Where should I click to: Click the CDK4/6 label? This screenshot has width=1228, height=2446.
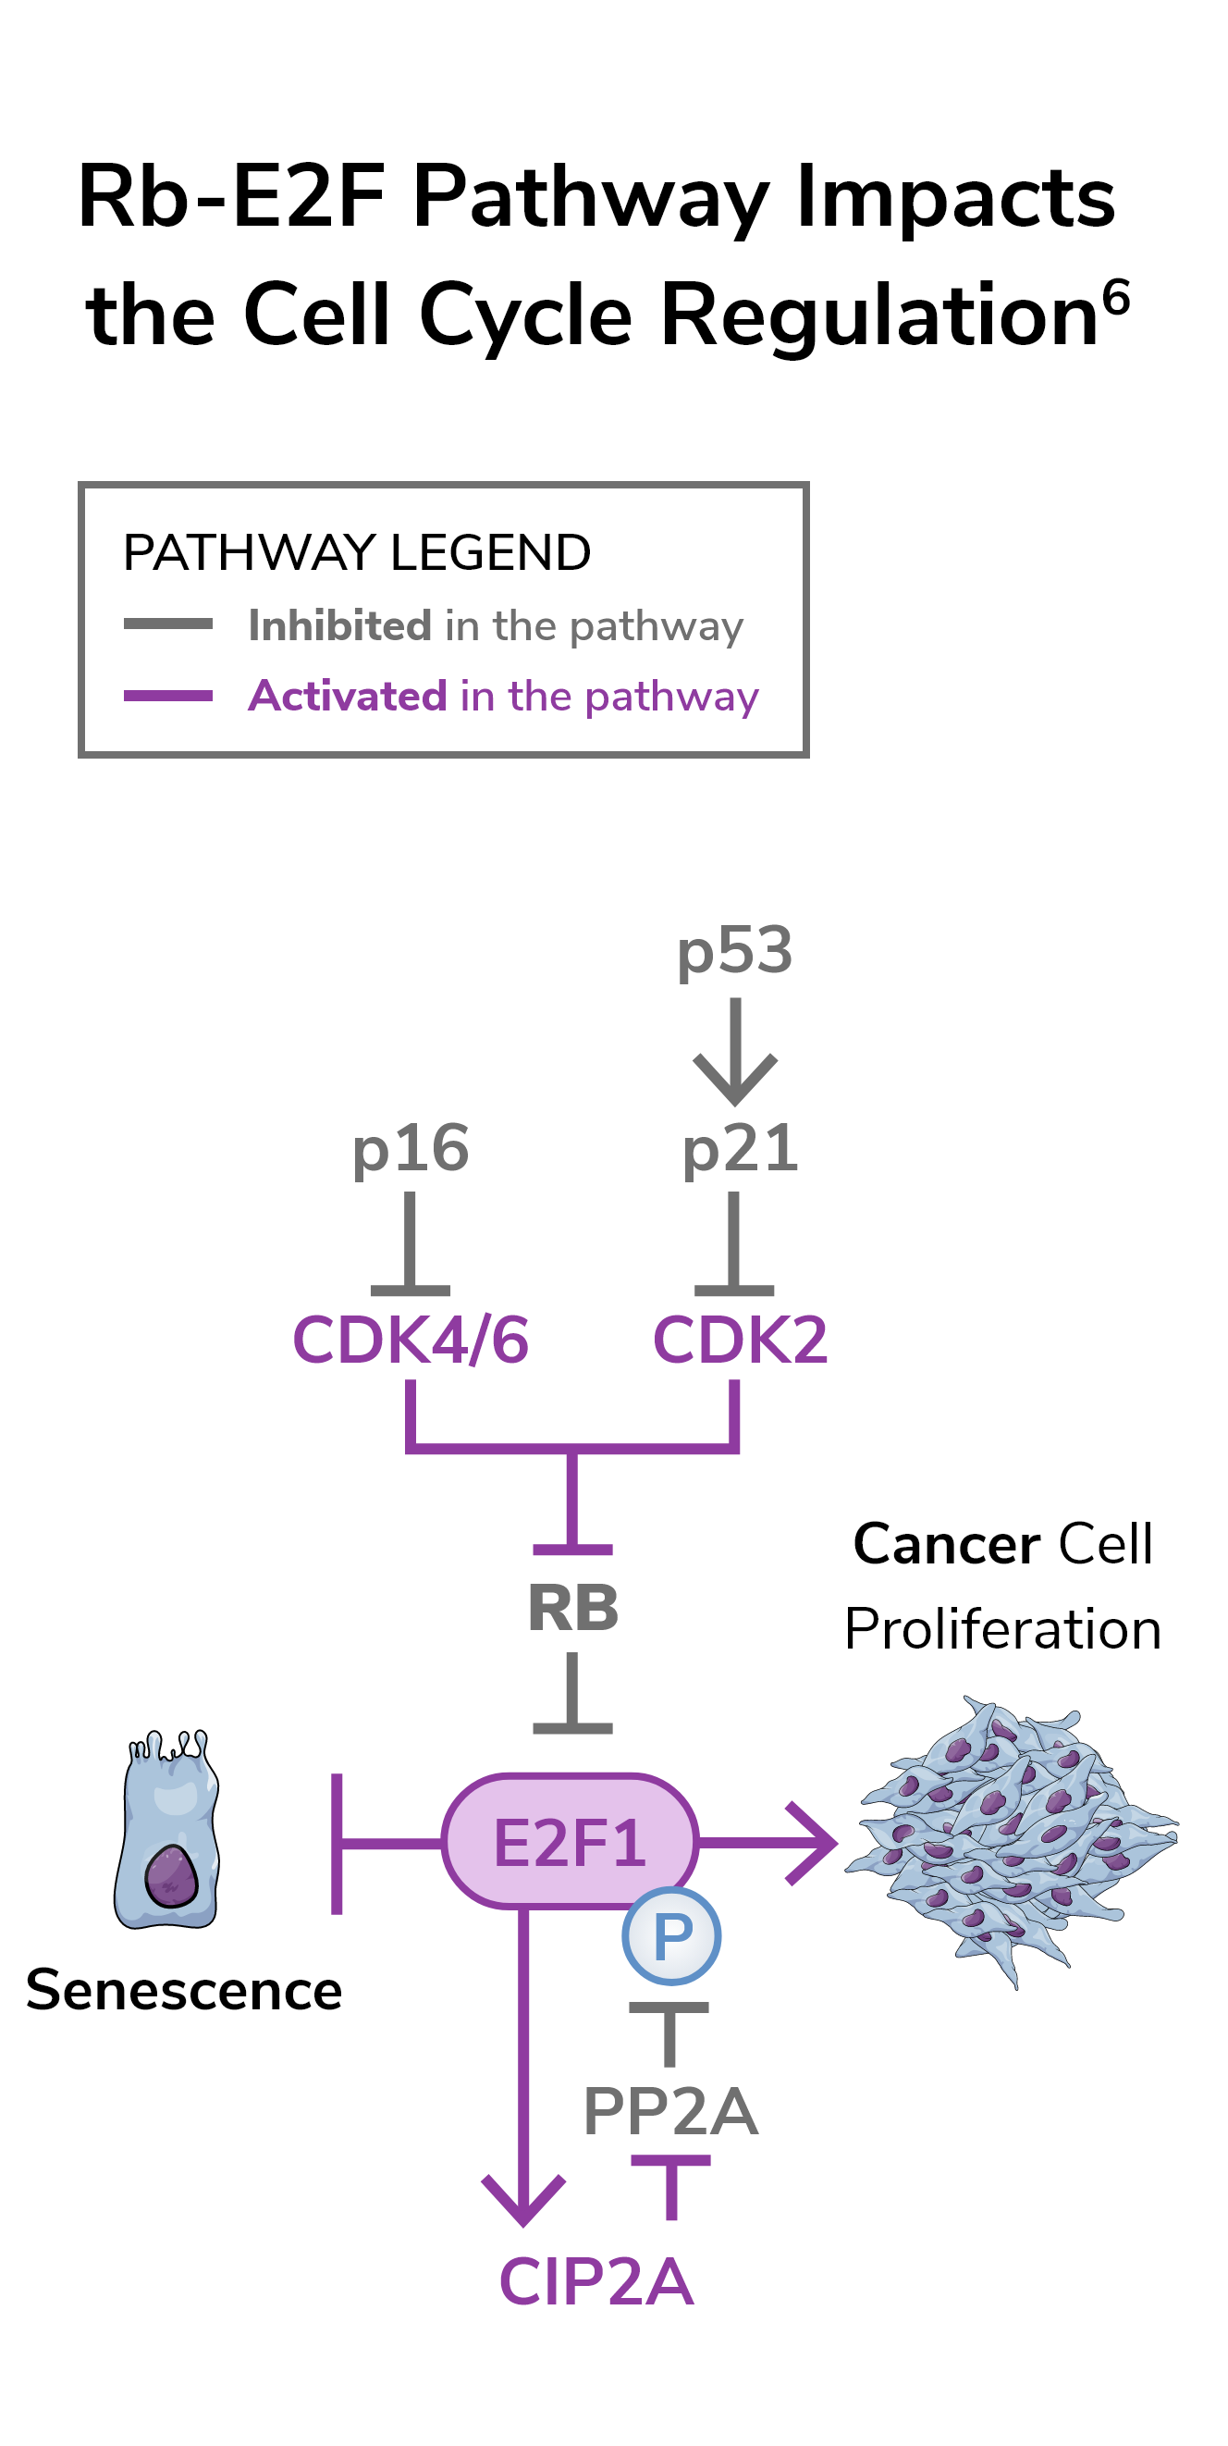click(x=410, y=1340)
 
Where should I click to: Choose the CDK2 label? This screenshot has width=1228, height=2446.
click(x=739, y=1340)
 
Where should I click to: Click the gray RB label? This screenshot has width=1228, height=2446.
click(x=572, y=1609)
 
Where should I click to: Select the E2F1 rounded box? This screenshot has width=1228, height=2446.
click(x=570, y=1842)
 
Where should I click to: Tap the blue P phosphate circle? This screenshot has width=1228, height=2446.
click(x=671, y=1935)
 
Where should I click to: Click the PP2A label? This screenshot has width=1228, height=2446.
click(x=670, y=2111)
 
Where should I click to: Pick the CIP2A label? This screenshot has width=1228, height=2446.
click(x=596, y=2281)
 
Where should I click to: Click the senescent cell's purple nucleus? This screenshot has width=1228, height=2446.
click(x=171, y=1874)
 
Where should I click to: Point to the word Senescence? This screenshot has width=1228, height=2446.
click(x=183, y=1989)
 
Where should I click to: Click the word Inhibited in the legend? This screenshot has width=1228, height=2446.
click(x=339, y=625)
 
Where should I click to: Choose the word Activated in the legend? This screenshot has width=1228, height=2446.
click(x=348, y=696)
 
